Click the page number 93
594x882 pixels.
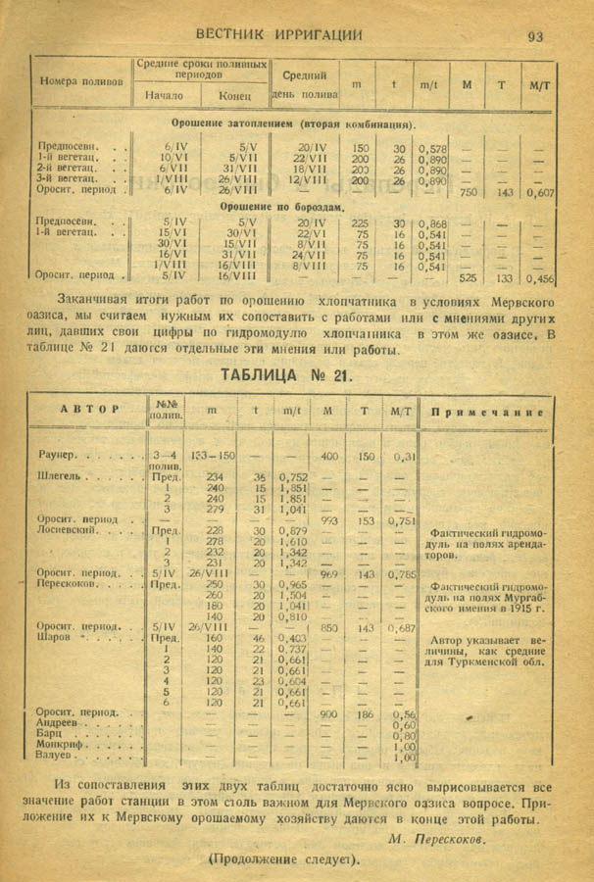tap(535, 36)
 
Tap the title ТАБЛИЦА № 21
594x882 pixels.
tap(282, 375)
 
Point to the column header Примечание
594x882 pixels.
tap(487, 413)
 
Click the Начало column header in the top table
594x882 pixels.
tap(164, 96)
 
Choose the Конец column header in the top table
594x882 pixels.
tap(235, 96)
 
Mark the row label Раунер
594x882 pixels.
tap(60, 457)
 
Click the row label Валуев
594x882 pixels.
tap(57, 758)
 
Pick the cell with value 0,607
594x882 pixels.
tap(538, 193)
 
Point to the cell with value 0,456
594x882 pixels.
tap(538, 278)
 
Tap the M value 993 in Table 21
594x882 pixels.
tap(329, 521)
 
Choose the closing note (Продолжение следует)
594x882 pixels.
tap(283, 859)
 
